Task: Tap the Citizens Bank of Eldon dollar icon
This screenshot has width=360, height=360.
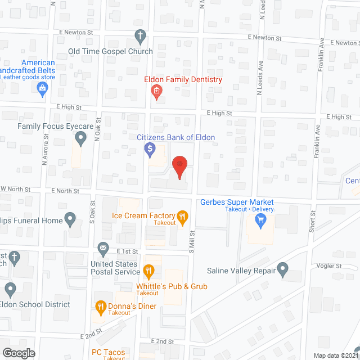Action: coord(150,150)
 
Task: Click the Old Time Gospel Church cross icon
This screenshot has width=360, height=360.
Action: coord(141,37)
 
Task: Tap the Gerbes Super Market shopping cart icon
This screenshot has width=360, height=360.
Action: coord(260,220)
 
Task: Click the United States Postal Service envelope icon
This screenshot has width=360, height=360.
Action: coord(103,247)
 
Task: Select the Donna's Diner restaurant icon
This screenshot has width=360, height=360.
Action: coord(101,307)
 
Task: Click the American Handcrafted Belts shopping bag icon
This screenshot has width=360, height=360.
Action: coord(42,88)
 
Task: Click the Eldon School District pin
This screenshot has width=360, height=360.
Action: coord(10,290)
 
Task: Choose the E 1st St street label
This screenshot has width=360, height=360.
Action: coord(127,251)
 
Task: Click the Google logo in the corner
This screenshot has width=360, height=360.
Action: coord(18,353)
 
